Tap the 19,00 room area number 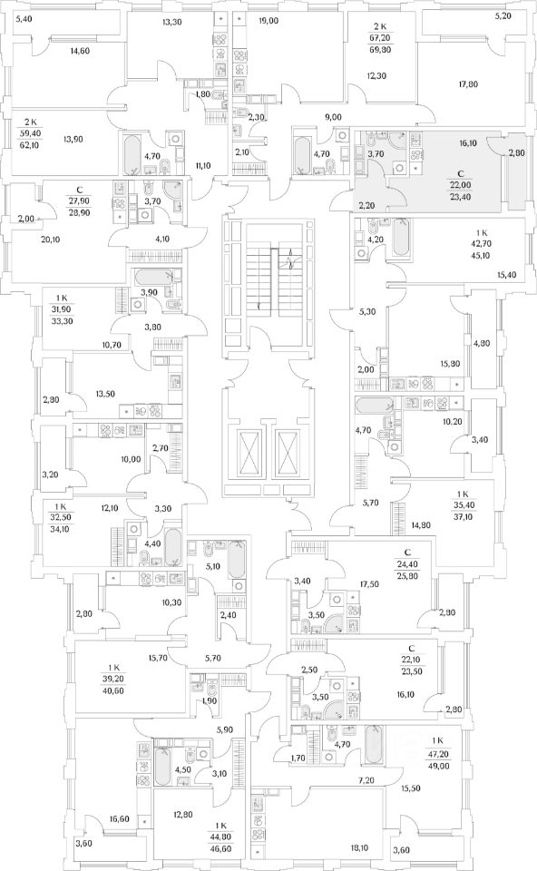pos(268,21)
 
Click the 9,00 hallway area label pos(333,117)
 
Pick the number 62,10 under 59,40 pos(34,145)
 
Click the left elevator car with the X pos(249,451)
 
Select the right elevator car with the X pos(288,451)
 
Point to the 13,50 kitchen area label pos(105,394)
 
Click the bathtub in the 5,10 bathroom pos(236,560)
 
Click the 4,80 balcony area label pos(482,343)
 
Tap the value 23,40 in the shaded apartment pos(462,196)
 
